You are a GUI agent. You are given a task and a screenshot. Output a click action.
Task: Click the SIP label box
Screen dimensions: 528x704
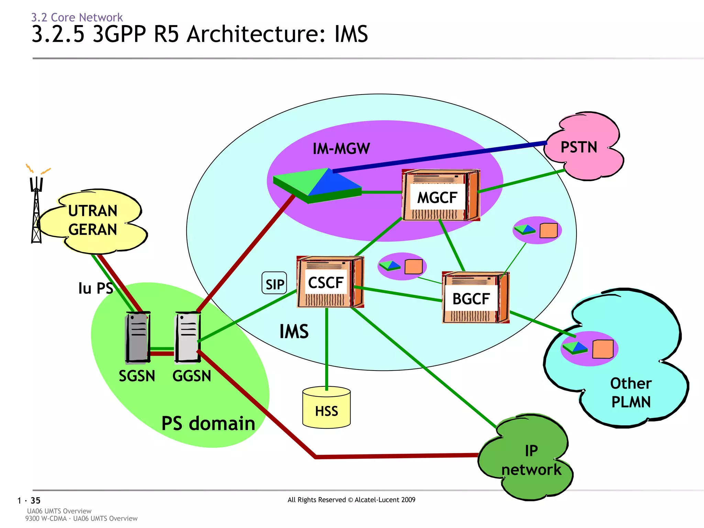point(274,283)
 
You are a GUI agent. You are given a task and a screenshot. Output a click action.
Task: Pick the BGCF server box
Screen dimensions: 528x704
point(475,298)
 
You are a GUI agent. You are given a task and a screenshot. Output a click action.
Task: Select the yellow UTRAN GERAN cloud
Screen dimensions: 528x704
point(93,220)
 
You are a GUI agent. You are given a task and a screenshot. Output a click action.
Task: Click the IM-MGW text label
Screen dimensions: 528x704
point(341,149)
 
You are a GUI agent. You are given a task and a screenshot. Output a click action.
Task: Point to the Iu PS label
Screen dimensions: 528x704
point(95,288)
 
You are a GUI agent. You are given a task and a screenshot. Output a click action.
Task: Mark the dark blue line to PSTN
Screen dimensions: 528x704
point(440,156)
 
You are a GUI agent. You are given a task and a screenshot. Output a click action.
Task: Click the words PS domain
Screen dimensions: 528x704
point(208,423)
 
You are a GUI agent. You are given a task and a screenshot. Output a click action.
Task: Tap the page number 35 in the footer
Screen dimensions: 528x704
point(35,500)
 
